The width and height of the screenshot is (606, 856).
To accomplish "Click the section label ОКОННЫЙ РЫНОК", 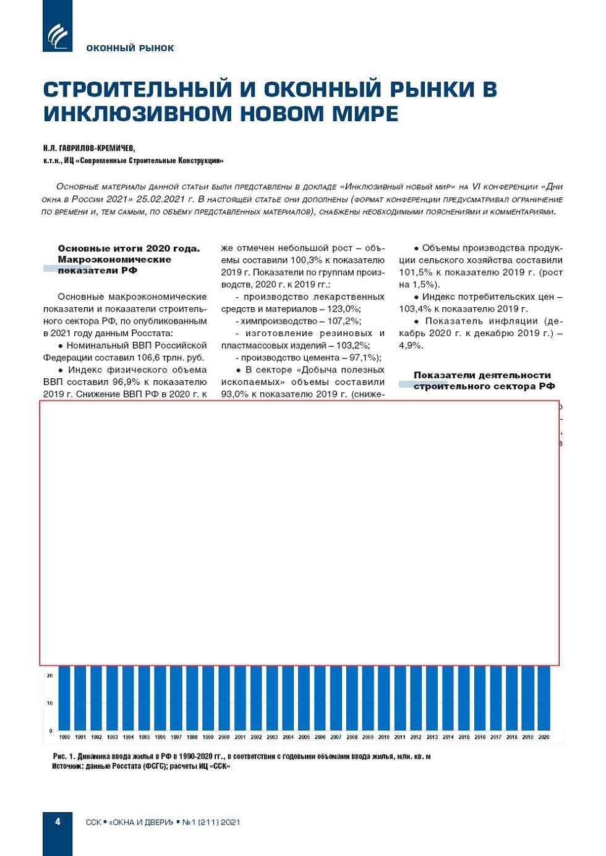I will coord(130,48).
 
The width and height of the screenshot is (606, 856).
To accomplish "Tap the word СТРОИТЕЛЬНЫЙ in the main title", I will coord(137,90).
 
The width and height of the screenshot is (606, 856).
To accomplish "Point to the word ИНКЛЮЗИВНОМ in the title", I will coord(138,114).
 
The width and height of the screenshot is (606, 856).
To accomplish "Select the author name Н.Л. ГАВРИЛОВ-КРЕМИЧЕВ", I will coord(89,148).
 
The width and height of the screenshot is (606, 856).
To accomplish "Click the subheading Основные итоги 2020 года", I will coord(129,248).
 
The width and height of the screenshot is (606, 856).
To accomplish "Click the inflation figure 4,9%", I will coord(411,345).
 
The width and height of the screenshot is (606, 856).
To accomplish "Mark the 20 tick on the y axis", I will coord(49,676).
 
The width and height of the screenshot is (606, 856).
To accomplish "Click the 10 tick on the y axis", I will coord(49,703).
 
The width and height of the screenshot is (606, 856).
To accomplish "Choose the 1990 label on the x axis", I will coord(64,737).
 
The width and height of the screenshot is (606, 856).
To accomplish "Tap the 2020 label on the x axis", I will coord(544,737).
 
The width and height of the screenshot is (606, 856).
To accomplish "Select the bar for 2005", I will coord(304,698).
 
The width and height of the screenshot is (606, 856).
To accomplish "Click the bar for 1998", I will coord(192,698).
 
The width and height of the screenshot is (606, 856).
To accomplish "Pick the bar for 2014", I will coord(448,698).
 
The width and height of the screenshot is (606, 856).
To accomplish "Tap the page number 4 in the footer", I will coord(58,822).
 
